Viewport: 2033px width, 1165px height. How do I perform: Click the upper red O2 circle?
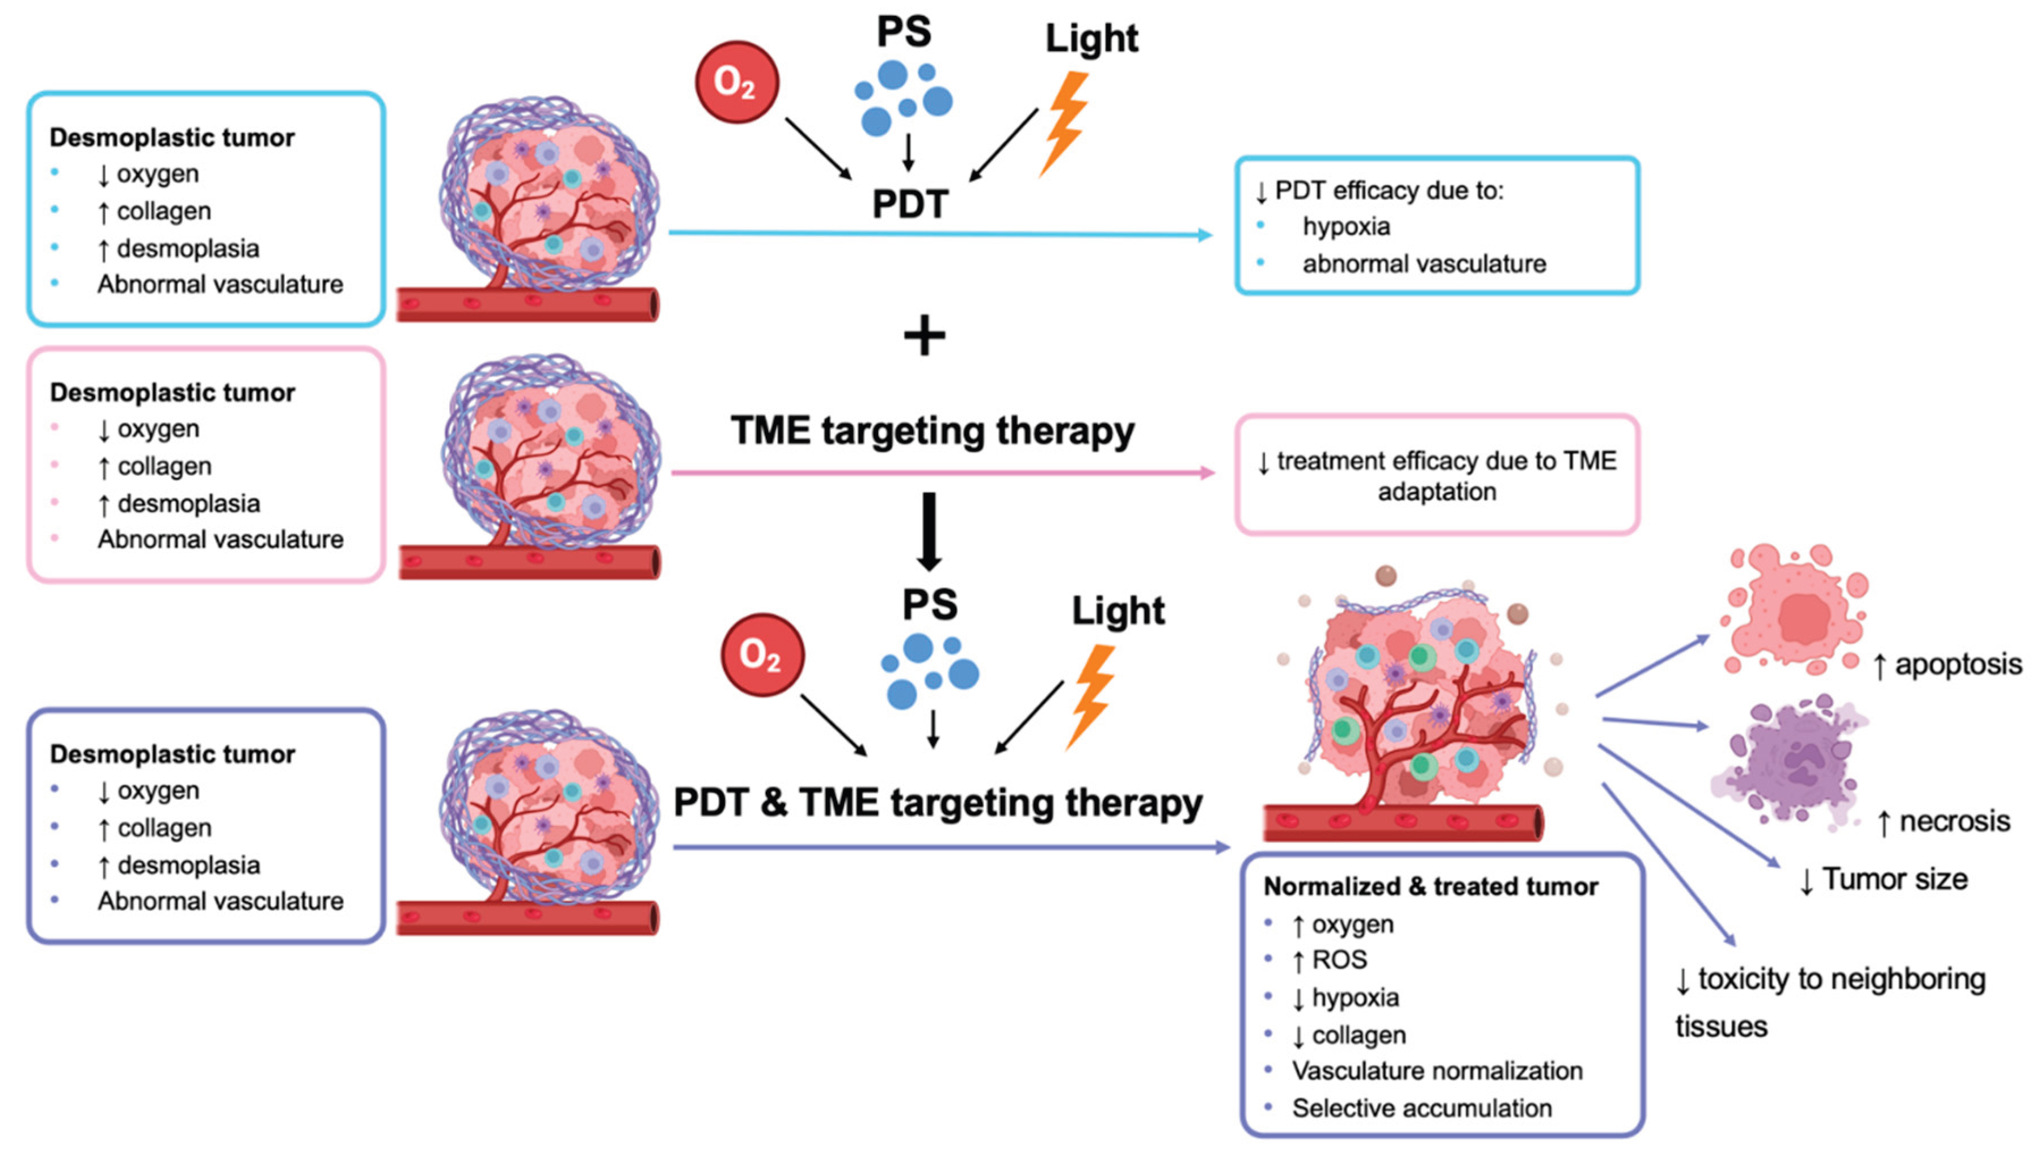point(736,82)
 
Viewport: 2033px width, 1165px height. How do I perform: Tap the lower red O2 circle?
point(762,655)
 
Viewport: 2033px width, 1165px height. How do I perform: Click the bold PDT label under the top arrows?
point(910,204)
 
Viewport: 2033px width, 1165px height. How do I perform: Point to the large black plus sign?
point(924,335)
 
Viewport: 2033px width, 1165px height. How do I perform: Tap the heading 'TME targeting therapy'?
point(932,430)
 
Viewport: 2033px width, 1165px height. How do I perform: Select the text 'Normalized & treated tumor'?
point(1431,887)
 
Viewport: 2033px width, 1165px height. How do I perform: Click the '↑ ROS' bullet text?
point(1330,959)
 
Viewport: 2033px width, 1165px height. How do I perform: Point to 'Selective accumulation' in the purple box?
point(1422,1108)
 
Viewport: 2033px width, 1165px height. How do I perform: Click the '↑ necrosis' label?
point(1943,821)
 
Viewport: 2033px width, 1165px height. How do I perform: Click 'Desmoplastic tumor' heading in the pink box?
point(172,393)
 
